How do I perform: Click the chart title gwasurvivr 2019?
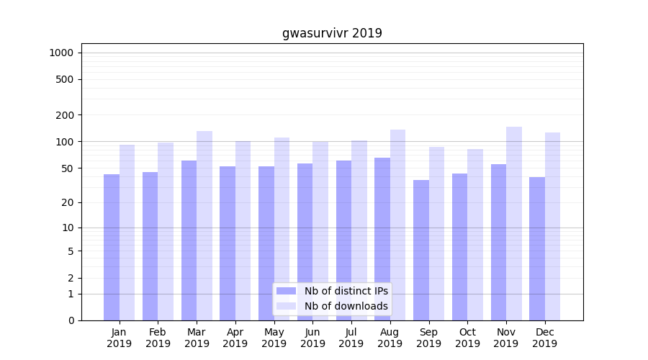coord(332,33)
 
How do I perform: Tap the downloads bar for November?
coord(514,223)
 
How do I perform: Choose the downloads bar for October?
coord(475,235)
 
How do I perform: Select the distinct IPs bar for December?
coord(537,248)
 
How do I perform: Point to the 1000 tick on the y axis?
coord(61,53)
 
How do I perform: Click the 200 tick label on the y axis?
coord(65,115)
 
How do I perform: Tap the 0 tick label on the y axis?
coord(71,320)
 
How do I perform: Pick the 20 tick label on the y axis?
coord(68,202)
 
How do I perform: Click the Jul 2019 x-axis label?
coord(351,338)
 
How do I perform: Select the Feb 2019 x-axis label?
coord(158,338)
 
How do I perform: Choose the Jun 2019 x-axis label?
coord(312,338)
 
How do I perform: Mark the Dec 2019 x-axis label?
coord(545,338)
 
